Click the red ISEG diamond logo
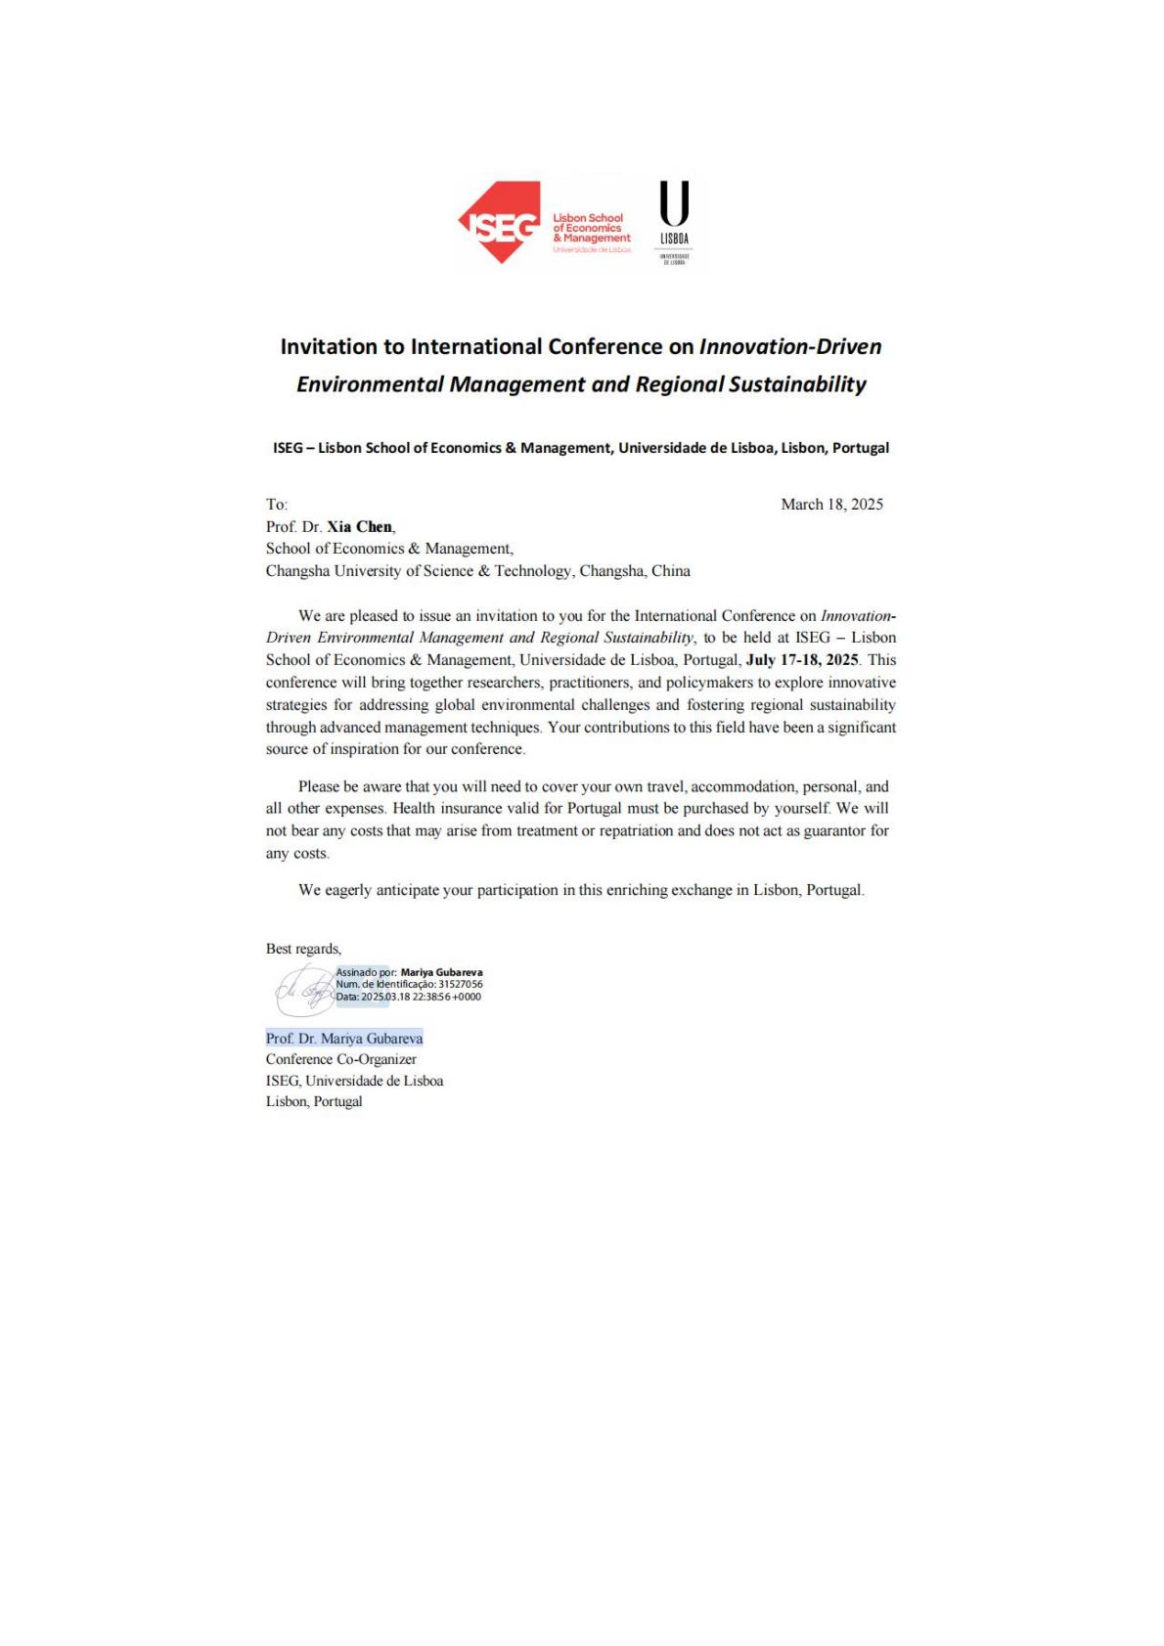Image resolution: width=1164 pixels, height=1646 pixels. [500, 223]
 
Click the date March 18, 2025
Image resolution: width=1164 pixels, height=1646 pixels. [831, 505]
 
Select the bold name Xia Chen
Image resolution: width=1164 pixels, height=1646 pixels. [359, 527]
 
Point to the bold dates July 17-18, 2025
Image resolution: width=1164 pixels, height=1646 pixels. [802, 660]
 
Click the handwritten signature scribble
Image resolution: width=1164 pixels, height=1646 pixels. [303, 991]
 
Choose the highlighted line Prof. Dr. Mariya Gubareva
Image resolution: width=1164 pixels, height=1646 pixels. [344, 1039]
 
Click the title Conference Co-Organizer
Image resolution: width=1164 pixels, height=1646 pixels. [340, 1059]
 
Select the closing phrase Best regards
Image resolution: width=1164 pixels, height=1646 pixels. [303, 949]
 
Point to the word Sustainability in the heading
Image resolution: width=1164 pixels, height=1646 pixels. [797, 384]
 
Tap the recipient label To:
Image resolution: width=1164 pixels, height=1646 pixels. [277, 505]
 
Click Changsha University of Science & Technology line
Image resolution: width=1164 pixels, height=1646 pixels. [477, 571]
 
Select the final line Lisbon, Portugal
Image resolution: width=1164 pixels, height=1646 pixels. [314, 1102]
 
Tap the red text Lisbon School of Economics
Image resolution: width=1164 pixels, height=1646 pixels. [588, 223]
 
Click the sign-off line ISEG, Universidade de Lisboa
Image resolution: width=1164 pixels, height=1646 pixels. [354, 1081]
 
